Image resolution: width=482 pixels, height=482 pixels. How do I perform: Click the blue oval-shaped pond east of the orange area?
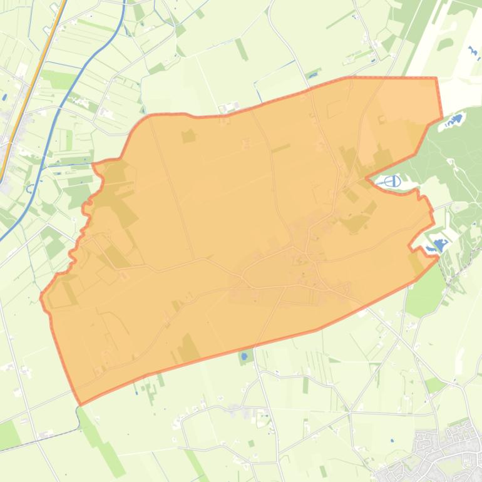392,182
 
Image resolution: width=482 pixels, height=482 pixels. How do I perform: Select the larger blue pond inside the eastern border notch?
439,245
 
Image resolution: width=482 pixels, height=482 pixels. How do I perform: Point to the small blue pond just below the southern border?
244,357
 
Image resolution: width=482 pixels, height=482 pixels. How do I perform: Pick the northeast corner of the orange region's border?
436,78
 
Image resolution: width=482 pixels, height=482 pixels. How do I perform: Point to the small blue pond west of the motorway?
4,97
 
